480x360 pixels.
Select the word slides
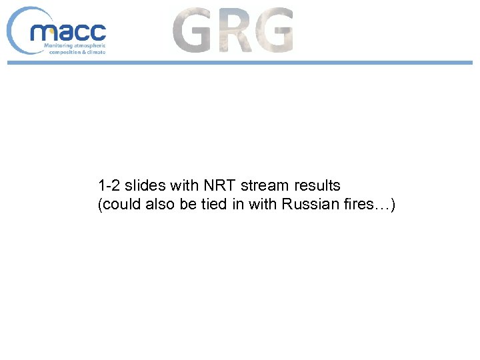pyautogui.click(x=143, y=185)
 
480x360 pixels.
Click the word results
pyautogui.click(x=317, y=185)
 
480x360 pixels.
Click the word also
pyautogui.click(x=159, y=205)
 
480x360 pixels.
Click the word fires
pyautogui.click(x=357, y=205)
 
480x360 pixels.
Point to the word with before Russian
pyautogui.click(x=263, y=205)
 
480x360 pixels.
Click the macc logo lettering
pyautogui.click(x=68, y=32)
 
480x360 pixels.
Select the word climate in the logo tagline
pyautogui.click(x=93, y=51)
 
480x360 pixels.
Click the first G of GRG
pyautogui.click(x=193, y=31)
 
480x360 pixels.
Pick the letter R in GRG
pyautogui.click(x=234, y=31)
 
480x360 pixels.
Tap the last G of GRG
pyautogui.click(x=273, y=31)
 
